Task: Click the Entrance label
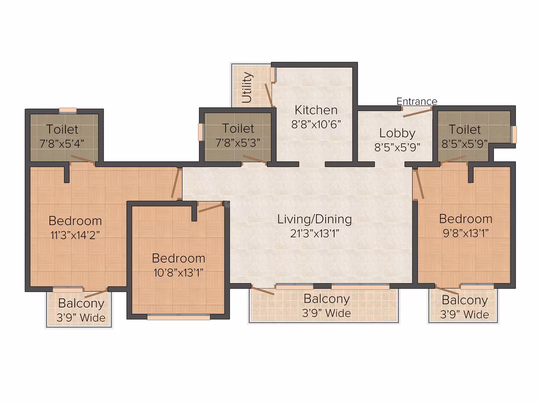(x=417, y=101)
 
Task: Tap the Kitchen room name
(x=316, y=110)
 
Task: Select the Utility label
(x=247, y=88)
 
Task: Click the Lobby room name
(x=397, y=133)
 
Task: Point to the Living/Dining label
(x=315, y=219)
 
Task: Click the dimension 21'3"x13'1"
(x=315, y=234)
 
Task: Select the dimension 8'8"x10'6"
(x=316, y=124)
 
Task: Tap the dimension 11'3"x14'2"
(x=75, y=235)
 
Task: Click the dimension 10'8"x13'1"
(x=178, y=273)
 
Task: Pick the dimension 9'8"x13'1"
(x=466, y=233)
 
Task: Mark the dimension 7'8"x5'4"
(x=62, y=143)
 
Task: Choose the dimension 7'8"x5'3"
(x=238, y=143)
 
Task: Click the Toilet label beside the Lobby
(x=465, y=130)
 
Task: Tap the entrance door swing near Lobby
(x=418, y=112)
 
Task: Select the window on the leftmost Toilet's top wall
(x=68, y=110)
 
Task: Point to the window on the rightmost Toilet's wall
(x=514, y=134)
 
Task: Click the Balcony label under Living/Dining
(x=327, y=299)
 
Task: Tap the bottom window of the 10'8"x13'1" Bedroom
(x=178, y=318)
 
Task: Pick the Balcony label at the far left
(x=81, y=303)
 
